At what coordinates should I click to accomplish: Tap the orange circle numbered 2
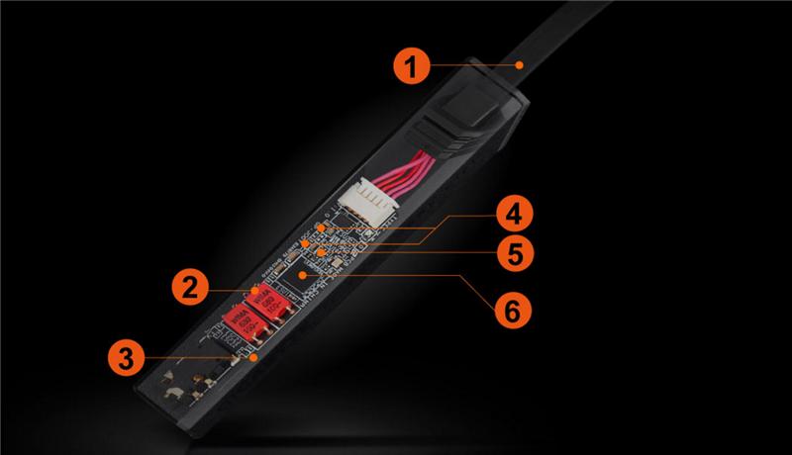click(191, 286)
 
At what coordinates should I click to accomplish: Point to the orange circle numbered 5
click(512, 253)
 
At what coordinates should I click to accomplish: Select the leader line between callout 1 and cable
click(475, 64)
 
